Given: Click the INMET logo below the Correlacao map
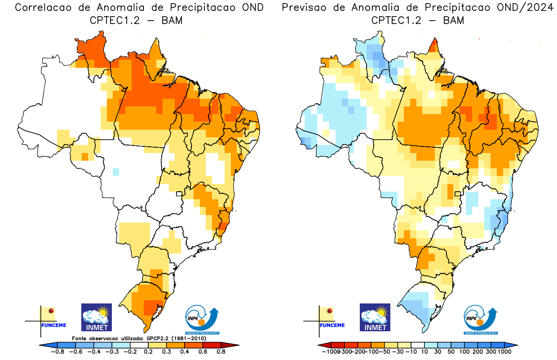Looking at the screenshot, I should click(96, 317).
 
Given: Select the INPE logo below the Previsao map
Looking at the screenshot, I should click(480, 319).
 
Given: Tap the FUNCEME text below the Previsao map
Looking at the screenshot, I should click(332, 325).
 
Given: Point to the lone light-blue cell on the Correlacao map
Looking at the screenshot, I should click(116, 171).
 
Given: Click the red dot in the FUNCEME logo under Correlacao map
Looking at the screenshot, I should click(51, 311).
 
